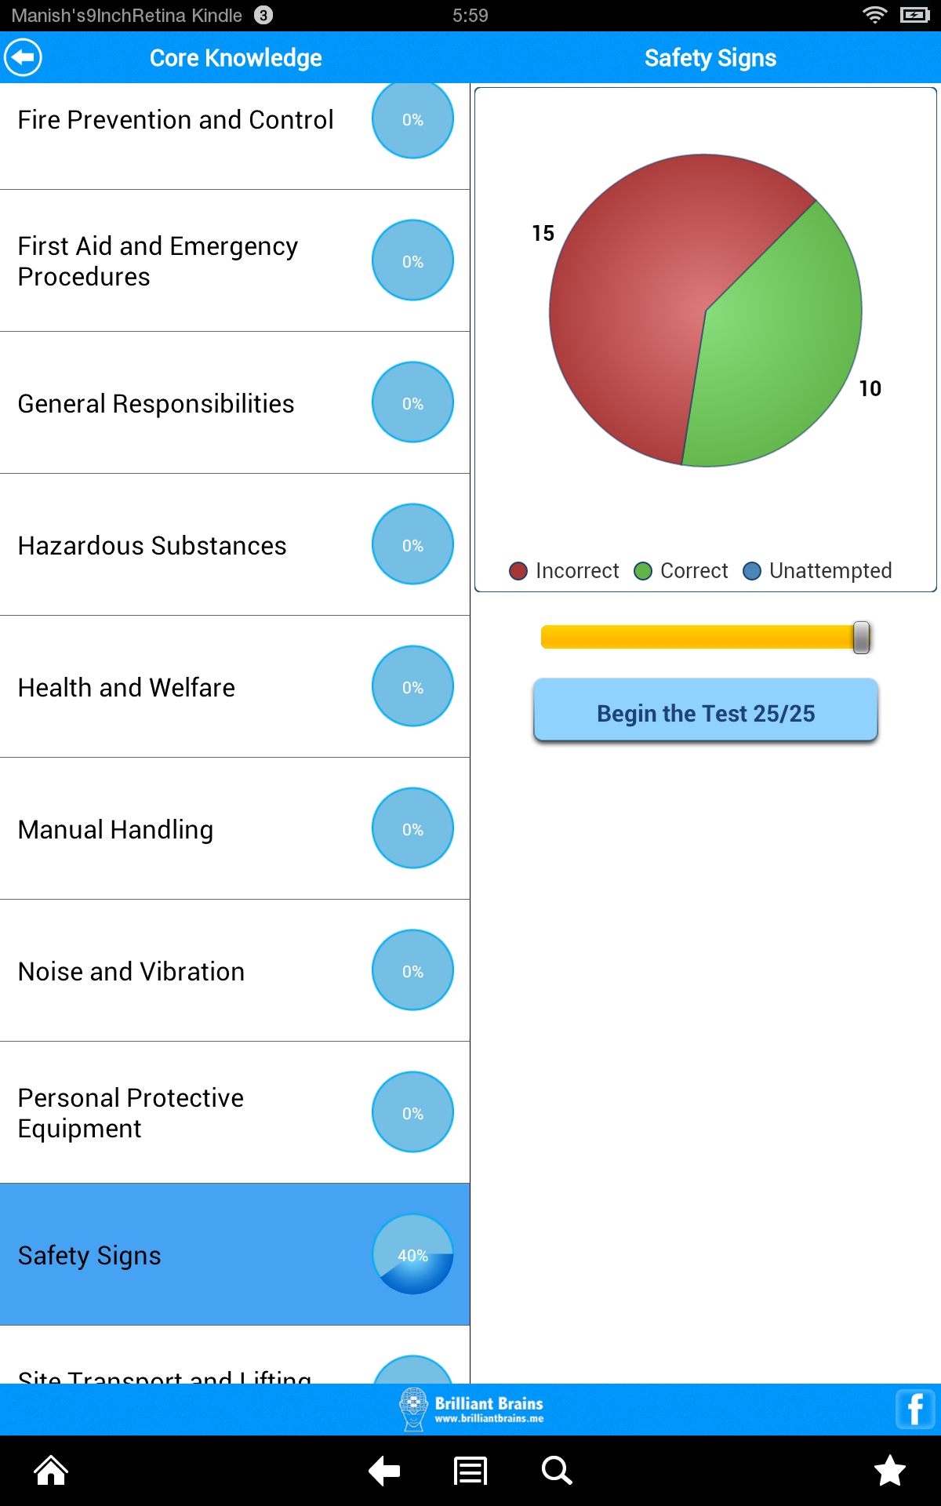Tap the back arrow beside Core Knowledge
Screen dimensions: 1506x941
tap(24, 57)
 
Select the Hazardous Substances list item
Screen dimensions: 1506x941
tap(153, 545)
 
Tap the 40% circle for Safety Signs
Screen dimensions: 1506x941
tap(412, 1254)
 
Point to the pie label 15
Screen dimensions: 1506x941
tap(543, 233)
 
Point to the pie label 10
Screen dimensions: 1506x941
tap(870, 388)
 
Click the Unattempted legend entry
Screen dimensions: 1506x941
tap(818, 571)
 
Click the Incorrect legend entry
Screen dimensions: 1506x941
tap(565, 571)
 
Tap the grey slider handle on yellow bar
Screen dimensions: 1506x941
tap(861, 637)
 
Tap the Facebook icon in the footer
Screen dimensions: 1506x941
tap(915, 1409)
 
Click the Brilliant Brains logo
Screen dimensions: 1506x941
tap(470, 1409)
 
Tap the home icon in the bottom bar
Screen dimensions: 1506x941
tap(51, 1471)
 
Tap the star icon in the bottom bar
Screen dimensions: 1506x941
tap(890, 1471)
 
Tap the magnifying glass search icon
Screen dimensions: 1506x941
tap(556, 1471)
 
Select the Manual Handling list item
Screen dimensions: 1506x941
tap(116, 829)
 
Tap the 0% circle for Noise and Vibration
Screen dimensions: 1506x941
tap(412, 970)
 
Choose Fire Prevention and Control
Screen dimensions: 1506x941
tap(176, 120)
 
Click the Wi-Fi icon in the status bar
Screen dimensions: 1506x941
tap(874, 15)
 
